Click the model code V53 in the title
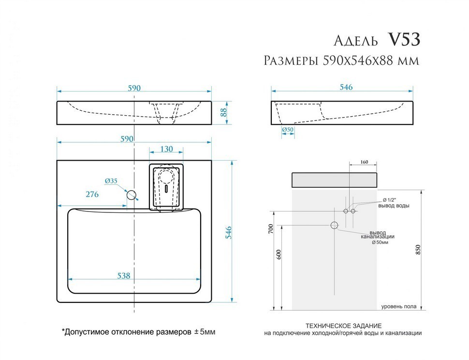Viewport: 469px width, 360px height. click(404, 40)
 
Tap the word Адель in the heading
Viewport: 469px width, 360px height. click(357, 41)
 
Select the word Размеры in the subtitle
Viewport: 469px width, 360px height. click(289, 61)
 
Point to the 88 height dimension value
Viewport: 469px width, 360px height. click(223, 112)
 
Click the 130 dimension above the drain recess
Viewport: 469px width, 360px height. click(166, 149)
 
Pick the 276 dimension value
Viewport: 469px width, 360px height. click(92, 195)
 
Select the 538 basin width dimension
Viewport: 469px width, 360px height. click(124, 275)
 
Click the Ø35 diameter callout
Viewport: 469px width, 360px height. click(111, 181)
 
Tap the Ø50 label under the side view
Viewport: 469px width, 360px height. click(288, 130)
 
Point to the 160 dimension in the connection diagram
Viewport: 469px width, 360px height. click(364, 162)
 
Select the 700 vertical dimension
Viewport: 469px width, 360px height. click(272, 227)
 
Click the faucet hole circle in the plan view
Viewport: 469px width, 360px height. click(131, 195)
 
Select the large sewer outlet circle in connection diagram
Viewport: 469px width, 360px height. click(334, 225)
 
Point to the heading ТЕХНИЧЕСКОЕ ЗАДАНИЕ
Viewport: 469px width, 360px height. click(344, 326)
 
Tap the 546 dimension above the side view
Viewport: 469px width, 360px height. click(346, 87)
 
